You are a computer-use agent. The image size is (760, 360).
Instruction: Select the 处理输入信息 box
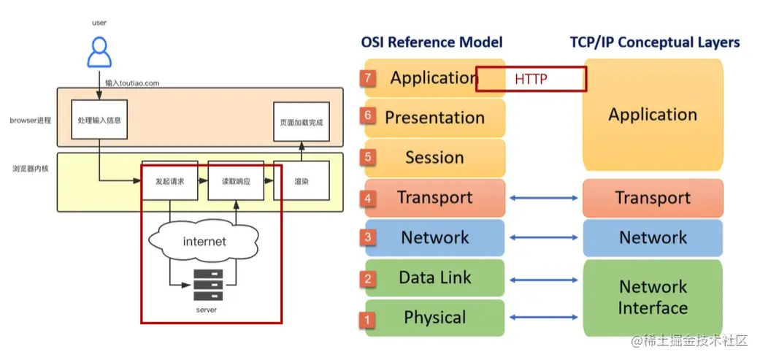[99, 120]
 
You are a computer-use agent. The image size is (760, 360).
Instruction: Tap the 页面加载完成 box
[299, 122]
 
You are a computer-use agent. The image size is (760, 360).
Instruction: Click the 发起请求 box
[169, 180]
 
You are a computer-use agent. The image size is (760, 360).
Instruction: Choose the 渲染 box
[300, 180]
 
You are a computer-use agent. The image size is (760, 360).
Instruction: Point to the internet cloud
[204, 241]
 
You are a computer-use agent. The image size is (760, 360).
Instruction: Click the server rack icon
[207, 286]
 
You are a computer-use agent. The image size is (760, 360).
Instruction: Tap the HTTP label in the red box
[531, 79]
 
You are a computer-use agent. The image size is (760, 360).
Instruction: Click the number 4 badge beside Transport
[369, 198]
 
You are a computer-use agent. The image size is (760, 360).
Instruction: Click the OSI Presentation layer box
[435, 118]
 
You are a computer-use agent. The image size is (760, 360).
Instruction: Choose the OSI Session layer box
[435, 158]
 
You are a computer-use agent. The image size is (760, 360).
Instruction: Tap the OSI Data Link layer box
[435, 277]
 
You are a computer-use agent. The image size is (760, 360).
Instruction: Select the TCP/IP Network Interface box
[653, 296]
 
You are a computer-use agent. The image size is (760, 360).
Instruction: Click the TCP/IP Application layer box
[653, 115]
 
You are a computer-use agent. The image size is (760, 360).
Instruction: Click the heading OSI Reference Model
[432, 42]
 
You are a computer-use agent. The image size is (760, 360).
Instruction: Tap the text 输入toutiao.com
[132, 83]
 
